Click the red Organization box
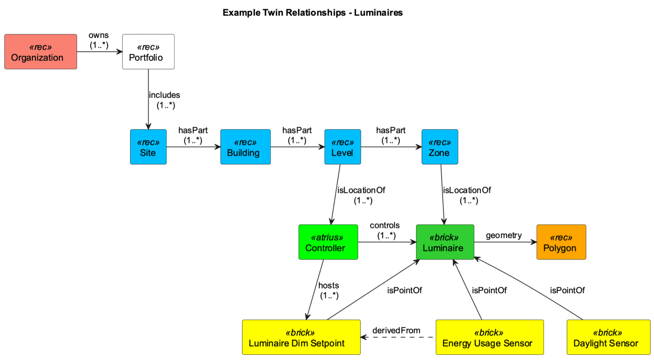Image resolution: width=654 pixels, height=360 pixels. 40,52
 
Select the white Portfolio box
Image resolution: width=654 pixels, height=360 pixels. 148,52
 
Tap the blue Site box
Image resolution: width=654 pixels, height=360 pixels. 148,147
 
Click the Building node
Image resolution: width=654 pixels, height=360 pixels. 245,147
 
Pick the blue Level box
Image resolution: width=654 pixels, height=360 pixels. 342,147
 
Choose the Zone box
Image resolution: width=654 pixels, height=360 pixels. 439,147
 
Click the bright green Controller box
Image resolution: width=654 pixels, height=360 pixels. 328,242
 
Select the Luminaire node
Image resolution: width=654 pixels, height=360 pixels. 445,242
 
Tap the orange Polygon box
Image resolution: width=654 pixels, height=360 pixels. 561,242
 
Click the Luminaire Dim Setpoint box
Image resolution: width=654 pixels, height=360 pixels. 301,337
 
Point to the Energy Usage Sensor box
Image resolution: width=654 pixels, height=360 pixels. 489,337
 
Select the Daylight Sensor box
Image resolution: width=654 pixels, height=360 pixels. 608,337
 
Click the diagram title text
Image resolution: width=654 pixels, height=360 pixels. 313,13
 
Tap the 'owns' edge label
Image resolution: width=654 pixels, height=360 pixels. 99,35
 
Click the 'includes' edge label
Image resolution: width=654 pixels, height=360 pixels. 164,95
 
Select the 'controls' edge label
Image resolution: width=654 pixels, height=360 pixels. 384,225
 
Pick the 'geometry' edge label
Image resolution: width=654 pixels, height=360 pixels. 504,235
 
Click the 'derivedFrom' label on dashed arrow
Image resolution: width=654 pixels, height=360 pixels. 396,331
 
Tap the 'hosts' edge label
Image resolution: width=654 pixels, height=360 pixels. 329,285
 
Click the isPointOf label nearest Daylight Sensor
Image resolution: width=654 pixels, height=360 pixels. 567,291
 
